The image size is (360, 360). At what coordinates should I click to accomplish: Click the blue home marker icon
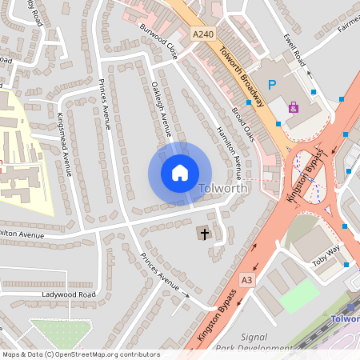point(180,173)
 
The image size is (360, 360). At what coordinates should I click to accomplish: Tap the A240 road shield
point(203,34)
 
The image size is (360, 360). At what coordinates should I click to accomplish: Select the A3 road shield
point(246,279)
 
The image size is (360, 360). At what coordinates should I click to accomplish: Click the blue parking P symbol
point(272,84)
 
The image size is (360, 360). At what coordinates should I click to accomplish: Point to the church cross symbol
point(205,234)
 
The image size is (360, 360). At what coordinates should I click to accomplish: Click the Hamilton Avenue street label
point(229,150)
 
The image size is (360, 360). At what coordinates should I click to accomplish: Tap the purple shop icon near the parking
point(293,106)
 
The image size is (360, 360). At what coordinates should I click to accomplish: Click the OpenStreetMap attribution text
point(80,354)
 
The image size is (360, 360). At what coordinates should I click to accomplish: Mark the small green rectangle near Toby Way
point(298,295)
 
